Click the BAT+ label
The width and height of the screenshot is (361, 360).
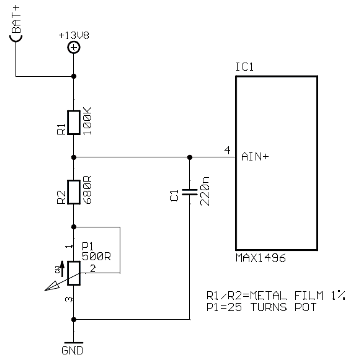[16, 20]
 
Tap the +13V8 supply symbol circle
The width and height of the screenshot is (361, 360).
[74, 47]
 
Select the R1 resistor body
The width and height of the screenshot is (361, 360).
[74, 123]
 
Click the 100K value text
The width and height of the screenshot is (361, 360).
[87, 121]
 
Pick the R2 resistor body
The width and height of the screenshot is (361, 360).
[74, 192]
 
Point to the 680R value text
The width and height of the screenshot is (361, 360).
[87, 190]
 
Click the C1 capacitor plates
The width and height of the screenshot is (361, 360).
[190, 192]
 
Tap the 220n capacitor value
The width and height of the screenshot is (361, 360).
[205, 191]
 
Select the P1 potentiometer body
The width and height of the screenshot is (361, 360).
[74, 273]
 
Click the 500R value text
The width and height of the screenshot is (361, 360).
[96, 257]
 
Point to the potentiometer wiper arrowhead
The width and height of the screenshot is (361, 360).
[52, 286]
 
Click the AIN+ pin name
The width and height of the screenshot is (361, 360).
[255, 157]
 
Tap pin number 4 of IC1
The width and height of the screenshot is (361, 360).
[227, 150]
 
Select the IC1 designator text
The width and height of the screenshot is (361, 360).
[244, 67]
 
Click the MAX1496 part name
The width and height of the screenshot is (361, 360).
[261, 258]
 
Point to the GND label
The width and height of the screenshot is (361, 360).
[73, 351]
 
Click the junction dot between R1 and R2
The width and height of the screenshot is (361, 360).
[74, 157]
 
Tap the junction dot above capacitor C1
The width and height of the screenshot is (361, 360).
[190, 157]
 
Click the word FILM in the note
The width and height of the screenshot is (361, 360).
[309, 296]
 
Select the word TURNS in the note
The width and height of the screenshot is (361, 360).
[269, 307]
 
